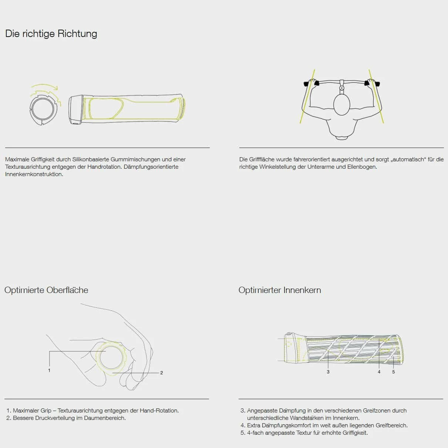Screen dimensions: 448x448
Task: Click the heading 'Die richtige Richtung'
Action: (x=51, y=34)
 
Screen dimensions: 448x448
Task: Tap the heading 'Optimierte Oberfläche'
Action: (x=46, y=290)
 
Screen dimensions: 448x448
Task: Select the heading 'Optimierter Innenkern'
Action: (x=280, y=290)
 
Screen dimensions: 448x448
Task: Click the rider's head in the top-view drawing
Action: (x=341, y=105)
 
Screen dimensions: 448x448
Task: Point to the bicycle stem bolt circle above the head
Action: (x=341, y=88)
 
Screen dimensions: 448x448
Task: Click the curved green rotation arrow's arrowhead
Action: (x=55, y=88)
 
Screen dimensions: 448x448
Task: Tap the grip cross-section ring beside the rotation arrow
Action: (x=43, y=109)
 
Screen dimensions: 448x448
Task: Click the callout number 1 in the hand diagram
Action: (x=49, y=370)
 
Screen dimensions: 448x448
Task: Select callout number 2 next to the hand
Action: (x=162, y=373)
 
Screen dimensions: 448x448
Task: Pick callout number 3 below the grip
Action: (x=328, y=372)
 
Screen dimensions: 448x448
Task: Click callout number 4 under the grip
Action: (x=379, y=372)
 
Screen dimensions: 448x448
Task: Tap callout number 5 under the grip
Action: (x=393, y=372)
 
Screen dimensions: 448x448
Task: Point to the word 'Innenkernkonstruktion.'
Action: (x=34, y=174)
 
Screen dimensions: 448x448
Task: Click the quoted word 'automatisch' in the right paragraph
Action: (x=408, y=159)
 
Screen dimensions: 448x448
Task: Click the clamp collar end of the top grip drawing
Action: (x=75, y=110)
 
